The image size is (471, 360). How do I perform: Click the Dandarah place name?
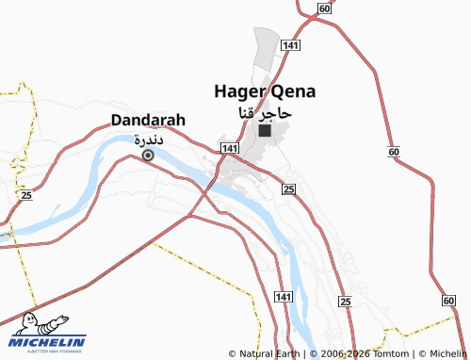(x=148, y=120)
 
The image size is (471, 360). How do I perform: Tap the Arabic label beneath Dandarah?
(x=149, y=139)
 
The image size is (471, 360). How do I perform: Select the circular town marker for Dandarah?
(x=147, y=155)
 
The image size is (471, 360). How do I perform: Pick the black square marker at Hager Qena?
(x=265, y=131)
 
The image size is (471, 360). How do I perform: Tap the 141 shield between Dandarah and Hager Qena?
(x=230, y=149)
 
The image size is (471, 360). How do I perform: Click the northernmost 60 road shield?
(x=324, y=8)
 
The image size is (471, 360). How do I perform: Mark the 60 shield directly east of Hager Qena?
(x=393, y=152)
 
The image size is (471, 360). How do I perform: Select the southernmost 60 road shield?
(x=447, y=300)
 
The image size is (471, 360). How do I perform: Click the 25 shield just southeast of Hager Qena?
(x=289, y=189)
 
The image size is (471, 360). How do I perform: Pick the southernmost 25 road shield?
(x=346, y=301)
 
